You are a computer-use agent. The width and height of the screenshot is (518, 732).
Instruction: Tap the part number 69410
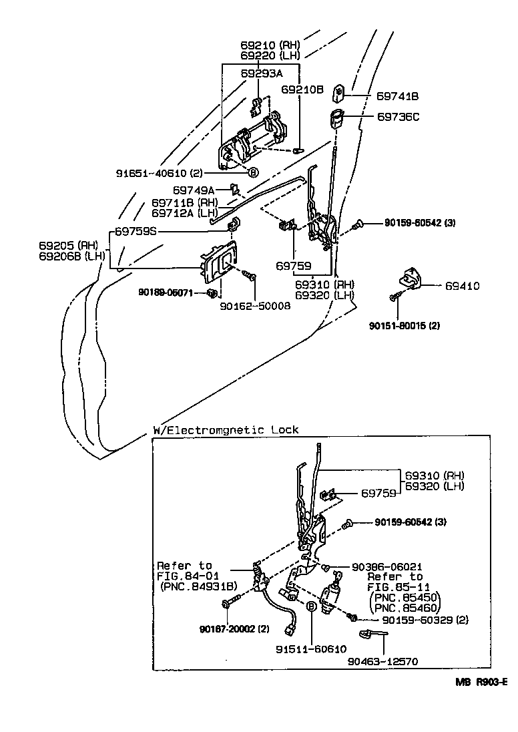point(463,286)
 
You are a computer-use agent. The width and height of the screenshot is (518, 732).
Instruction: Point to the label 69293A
point(261,74)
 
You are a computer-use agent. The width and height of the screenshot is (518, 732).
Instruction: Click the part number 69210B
point(302,89)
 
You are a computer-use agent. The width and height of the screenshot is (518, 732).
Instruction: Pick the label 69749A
point(194,190)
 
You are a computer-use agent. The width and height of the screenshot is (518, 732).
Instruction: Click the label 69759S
point(136,232)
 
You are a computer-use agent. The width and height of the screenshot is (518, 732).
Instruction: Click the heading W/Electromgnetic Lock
point(226,430)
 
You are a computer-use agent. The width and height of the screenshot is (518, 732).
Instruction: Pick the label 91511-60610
point(312,649)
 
